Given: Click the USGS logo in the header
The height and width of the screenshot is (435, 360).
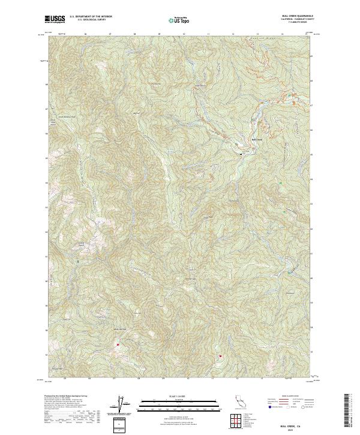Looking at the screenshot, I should [55, 19].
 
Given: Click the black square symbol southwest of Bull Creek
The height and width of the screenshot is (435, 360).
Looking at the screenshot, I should [241, 154].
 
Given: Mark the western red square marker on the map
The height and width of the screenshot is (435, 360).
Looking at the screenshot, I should [118, 344].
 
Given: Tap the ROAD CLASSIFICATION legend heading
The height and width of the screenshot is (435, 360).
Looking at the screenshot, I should [290, 397].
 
